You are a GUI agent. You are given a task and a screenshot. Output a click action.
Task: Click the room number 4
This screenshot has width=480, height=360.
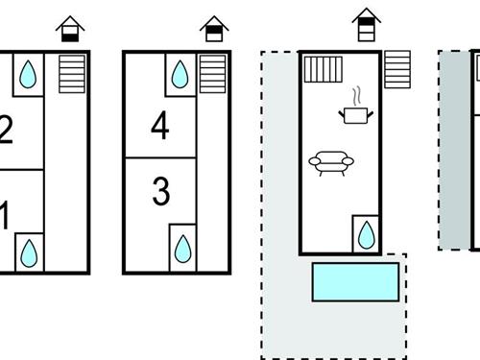point(160,125)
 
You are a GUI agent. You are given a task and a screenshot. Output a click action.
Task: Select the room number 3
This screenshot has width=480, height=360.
point(161,191)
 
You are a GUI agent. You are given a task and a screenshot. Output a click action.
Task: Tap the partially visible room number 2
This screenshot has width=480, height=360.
point(6,130)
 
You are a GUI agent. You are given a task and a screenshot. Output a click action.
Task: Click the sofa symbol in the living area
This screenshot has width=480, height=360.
point(331,163)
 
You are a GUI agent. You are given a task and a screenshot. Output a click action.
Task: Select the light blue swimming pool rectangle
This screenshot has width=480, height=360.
point(355,282)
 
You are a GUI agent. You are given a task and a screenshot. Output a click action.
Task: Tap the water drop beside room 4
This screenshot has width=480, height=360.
point(180,74)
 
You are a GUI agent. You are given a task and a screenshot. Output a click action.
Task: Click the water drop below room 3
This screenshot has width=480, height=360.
point(183,249)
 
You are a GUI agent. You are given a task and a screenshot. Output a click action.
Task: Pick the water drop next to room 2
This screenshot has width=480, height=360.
point(28,74)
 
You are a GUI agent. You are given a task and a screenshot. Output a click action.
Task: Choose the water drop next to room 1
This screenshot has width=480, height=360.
point(29,253)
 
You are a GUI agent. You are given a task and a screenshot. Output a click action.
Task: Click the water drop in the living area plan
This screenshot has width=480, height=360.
point(367,235)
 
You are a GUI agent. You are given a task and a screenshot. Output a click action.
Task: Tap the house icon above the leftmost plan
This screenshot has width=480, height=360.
point(70,29)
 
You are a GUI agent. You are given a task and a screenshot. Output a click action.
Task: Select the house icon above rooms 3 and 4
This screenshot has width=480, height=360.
point(214,29)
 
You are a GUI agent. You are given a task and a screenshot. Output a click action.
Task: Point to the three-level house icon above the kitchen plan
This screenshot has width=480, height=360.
point(367,25)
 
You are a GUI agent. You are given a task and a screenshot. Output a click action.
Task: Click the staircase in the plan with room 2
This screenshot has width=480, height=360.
point(72,74)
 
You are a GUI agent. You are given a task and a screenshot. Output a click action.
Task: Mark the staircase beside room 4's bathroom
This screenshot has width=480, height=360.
point(213,74)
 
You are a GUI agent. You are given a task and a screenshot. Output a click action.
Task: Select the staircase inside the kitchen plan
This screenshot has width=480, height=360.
point(324,69)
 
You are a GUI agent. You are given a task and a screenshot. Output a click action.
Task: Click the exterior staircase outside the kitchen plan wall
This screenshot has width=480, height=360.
point(397,69)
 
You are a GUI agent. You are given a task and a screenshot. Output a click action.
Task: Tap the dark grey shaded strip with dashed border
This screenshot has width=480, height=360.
point(455,150)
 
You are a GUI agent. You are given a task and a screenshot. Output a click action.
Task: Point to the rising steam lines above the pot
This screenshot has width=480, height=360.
point(357,96)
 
